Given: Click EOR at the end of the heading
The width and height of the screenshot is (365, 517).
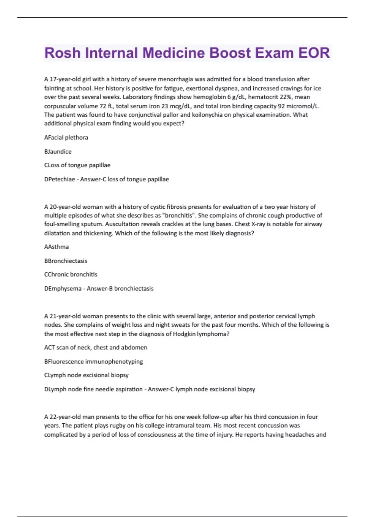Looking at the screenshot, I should pos(314,53).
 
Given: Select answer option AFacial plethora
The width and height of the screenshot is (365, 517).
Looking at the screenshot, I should pos(66,137).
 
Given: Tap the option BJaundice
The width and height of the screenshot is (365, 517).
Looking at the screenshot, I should pos(58,151).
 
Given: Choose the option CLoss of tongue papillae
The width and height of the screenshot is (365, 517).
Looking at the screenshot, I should pos(77,165).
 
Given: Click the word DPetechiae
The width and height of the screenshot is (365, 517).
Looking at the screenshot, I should pos(60,179).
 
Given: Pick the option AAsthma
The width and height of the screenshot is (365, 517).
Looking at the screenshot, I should pos(57,247).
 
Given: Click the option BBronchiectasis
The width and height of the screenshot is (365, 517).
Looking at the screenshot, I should pos(66,261).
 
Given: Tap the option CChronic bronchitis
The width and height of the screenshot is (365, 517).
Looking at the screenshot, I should pos(71,274).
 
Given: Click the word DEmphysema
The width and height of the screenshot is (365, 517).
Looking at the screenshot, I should pos(63,288).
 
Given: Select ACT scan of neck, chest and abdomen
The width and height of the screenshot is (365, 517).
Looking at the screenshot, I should pos(96,347).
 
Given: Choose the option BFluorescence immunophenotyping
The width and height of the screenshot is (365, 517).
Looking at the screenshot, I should pos(93,361).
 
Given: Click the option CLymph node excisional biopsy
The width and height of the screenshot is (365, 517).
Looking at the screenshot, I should pos(86,375).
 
